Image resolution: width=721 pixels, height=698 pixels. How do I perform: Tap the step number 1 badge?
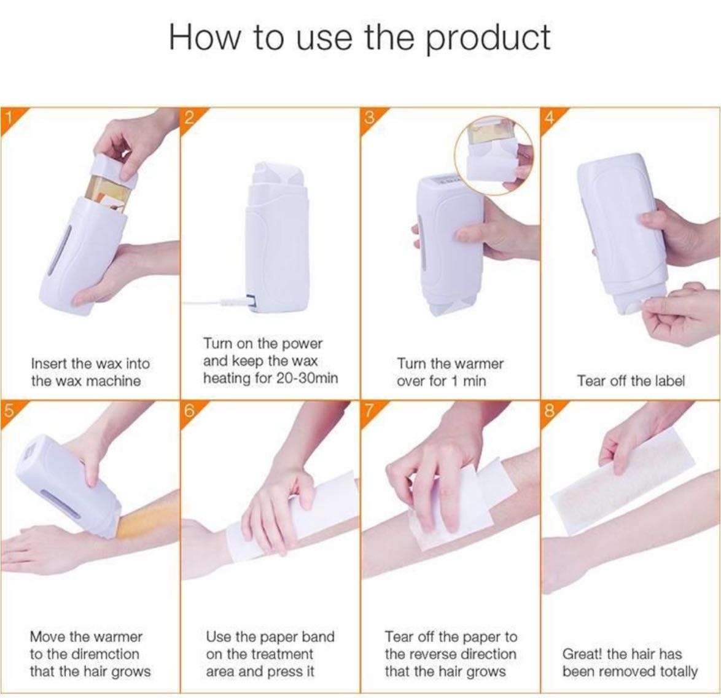(x=9, y=118)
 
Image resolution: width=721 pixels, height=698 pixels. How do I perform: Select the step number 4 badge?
(x=550, y=118)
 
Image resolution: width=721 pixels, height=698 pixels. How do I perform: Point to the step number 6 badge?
(x=189, y=411)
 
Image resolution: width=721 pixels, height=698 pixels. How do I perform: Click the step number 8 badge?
(x=550, y=411)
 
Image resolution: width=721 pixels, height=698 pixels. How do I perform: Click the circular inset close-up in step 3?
(x=493, y=155)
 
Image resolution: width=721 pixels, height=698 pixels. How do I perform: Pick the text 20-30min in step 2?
(x=306, y=378)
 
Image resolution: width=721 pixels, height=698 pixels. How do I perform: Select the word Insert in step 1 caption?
(x=50, y=364)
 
